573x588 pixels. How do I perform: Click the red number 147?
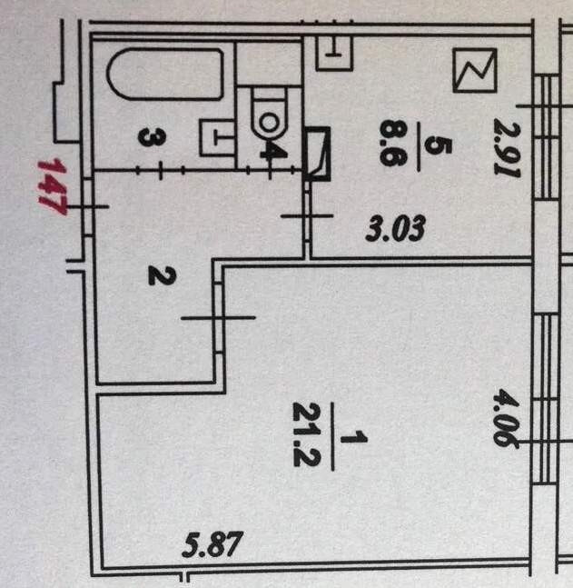pos(53,186)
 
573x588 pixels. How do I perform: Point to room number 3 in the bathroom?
pos(152,138)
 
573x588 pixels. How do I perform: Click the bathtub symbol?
pos(164,75)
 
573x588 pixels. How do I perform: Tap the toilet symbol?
pos(268,116)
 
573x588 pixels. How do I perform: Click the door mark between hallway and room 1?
pos(219,316)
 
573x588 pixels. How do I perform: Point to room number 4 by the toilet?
pos(267,147)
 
